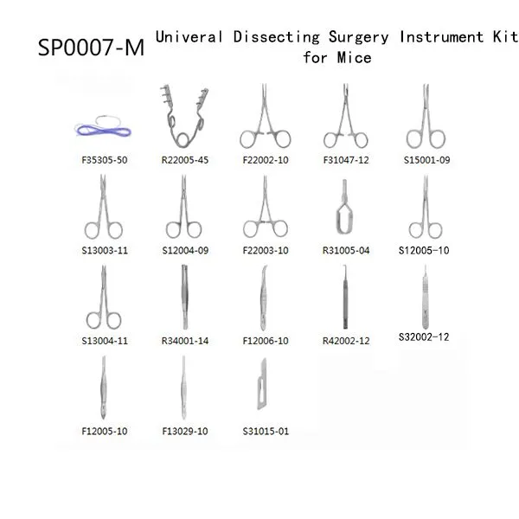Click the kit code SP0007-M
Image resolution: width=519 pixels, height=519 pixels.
tap(92, 47)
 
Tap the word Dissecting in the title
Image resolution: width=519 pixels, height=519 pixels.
tap(277, 37)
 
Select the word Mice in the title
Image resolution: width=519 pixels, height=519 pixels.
tap(354, 58)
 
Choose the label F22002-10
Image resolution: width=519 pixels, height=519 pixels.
tap(266, 160)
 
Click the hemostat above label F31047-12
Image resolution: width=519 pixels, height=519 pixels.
tap(345, 116)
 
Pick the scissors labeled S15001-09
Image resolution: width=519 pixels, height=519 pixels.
tap(426, 116)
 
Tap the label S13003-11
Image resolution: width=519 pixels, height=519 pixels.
tap(105, 251)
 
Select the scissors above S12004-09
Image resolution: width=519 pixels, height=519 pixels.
tap(183, 207)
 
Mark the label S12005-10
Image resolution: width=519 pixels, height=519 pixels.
tap(424, 251)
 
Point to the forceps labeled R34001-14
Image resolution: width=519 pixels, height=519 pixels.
tap(185, 297)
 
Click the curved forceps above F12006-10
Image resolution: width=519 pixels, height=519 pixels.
tap(264, 298)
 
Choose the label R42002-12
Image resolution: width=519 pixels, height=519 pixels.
tap(346, 341)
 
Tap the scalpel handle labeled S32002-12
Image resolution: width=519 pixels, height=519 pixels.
tap(426, 297)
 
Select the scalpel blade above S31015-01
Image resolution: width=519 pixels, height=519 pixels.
tap(262, 384)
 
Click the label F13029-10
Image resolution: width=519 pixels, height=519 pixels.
tap(185, 432)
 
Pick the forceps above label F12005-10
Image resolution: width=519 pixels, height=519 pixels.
tap(104, 388)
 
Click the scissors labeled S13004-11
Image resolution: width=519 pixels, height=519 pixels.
tap(104, 297)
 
